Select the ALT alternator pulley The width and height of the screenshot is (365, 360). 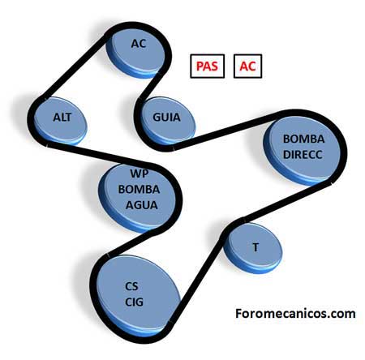click(x=61, y=120)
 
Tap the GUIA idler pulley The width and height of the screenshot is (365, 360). click(x=167, y=120)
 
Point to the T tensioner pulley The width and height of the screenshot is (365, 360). click(x=253, y=248)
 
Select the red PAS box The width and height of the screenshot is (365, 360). click(x=207, y=66)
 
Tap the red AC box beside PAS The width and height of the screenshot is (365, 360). click(x=247, y=66)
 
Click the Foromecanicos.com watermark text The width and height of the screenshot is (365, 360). click(x=295, y=314)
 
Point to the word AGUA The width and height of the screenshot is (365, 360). click(x=141, y=205)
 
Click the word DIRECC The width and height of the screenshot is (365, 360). click(x=303, y=155)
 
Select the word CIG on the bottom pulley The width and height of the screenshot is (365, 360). click(x=134, y=302)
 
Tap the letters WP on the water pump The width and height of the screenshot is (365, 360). click(x=140, y=174)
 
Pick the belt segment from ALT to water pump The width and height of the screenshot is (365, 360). click(x=99, y=153)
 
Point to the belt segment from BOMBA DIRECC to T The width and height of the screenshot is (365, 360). click(x=287, y=201)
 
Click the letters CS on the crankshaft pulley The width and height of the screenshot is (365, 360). click(x=131, y=286)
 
